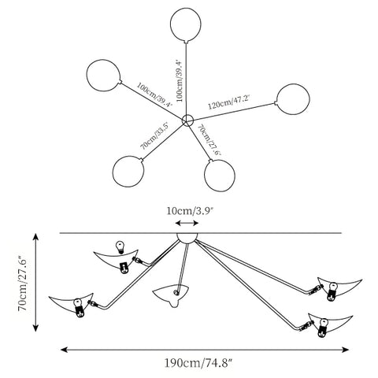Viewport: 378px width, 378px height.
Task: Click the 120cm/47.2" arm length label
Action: coord(228,102)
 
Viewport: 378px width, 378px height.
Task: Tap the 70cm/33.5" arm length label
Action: coord(154,136)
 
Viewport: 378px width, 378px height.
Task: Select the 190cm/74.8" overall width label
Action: coord(198,363)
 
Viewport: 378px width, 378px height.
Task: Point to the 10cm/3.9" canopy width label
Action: coord(189,211)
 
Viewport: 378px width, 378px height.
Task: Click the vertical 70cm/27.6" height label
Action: coord(22,282)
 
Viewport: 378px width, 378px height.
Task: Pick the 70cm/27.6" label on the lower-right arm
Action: coord(209,140)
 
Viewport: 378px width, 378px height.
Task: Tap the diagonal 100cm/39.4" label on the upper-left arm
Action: coord(154,94)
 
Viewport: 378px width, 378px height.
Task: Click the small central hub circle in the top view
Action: coord(187,120)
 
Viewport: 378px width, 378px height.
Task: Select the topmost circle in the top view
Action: coord(186,24)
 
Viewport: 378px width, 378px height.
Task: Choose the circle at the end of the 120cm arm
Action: coord(293,99)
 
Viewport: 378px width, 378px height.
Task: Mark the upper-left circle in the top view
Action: coord(104,76)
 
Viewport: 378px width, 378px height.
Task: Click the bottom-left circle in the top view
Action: coord(128,171)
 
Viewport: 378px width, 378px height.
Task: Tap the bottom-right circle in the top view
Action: coord(220,175)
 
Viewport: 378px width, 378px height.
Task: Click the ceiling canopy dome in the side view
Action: coord(187,238)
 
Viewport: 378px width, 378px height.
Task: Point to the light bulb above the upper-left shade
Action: coord(120,246)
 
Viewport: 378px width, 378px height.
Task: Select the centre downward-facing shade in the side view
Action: coord(171,295)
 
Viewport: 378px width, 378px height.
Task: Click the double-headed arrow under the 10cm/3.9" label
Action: coord(187,223)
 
